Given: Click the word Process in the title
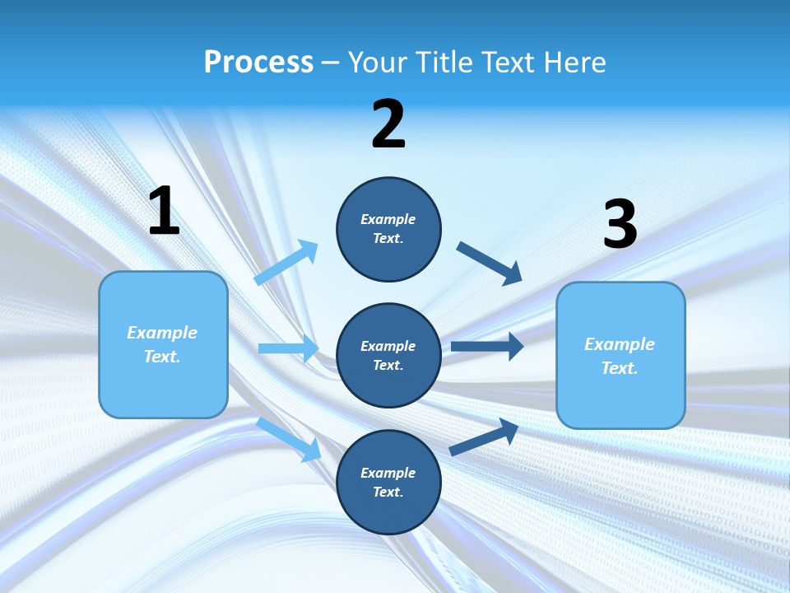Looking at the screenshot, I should point(258,63).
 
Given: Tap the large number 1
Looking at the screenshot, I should point(164,212).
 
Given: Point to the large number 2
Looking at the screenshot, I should point(388,124).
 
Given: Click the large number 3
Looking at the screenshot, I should point(620,225).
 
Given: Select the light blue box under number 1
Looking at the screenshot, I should point(163,344).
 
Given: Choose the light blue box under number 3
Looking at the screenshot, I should point(620,355).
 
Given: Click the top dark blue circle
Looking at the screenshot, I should point(388,229).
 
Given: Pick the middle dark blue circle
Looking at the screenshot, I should point(388,355).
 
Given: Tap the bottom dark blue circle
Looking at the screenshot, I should point(388,482).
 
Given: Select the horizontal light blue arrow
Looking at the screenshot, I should point(288,348).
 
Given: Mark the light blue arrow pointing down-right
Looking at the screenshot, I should point(288,439).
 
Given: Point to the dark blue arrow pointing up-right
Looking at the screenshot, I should point(484,437).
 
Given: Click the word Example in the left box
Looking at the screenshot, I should point(162,333).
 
